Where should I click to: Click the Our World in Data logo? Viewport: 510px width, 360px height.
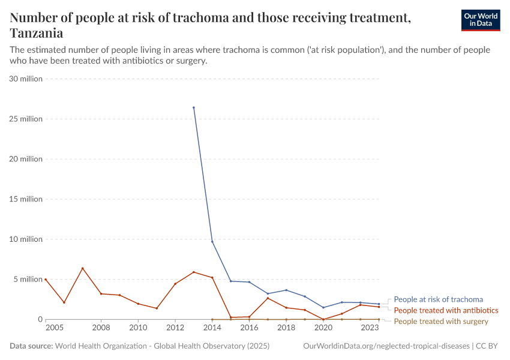click(480, 20)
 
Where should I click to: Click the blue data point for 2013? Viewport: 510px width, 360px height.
click(193, 107)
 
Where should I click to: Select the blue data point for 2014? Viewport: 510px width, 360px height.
click(212, 241)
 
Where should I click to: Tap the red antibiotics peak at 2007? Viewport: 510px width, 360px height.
click(82, 268)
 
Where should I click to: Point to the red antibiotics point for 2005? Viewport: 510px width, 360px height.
click(46, 279)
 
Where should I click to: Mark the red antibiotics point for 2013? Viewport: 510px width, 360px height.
click(193, 272)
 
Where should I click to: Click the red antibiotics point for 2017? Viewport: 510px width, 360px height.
click(268, 298)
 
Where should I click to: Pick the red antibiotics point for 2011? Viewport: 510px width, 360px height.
click(157, 308)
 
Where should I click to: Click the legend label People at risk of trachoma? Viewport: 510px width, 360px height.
click(438, 299)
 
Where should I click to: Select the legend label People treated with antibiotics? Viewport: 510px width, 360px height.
click(446, 310)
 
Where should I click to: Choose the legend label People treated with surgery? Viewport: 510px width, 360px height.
click(440, 322)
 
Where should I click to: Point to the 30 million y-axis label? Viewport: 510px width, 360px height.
click(25, 79)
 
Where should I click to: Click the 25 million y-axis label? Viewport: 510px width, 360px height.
click(25, 119)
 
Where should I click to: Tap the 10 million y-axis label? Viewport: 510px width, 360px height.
click(25, 239)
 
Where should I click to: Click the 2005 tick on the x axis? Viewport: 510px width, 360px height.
click(54, 328)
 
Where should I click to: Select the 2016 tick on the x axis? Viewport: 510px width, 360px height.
click(249, 328)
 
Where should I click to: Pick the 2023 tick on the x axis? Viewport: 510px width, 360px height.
click(370, 328)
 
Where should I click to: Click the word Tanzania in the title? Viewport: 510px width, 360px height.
click(37, 32)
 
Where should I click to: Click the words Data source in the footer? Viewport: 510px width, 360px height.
click(31, 346)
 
